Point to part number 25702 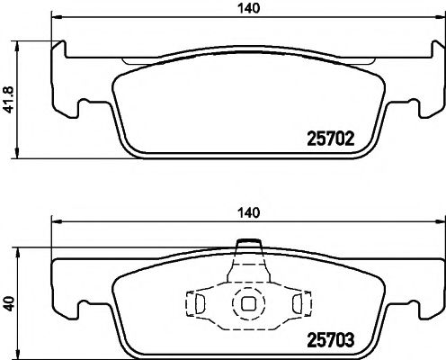pyautogui.click(x=329, y=139)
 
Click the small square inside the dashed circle pyautogui.click(x=245, y=303)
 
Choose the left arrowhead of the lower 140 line pyautogui.click(x=57, y=222)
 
